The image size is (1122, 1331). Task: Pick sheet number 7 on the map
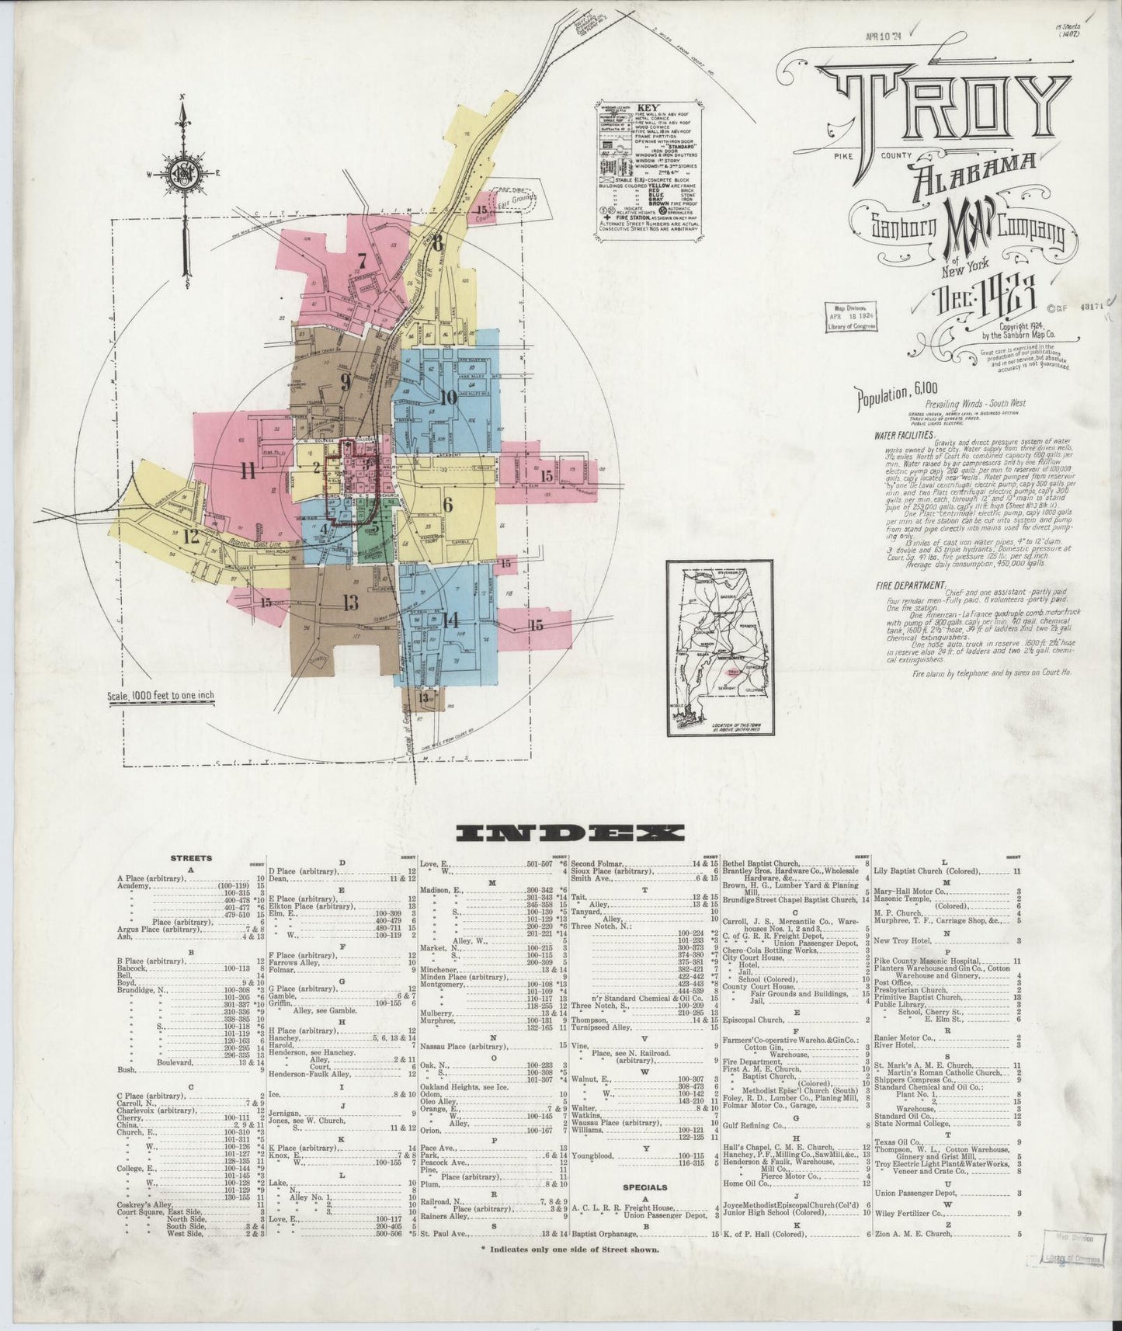click(x=361, y=261)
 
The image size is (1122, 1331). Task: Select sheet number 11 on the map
click(x=248, y=470)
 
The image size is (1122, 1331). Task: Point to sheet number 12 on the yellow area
click(x=192, y=535)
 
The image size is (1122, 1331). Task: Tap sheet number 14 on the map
click(x=451, y=618)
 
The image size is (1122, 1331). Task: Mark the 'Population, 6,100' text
click(x=885, y=399)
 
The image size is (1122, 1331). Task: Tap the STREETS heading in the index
click(x=190, y=858)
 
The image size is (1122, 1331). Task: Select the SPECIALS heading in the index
click(x=645, y=1209)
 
